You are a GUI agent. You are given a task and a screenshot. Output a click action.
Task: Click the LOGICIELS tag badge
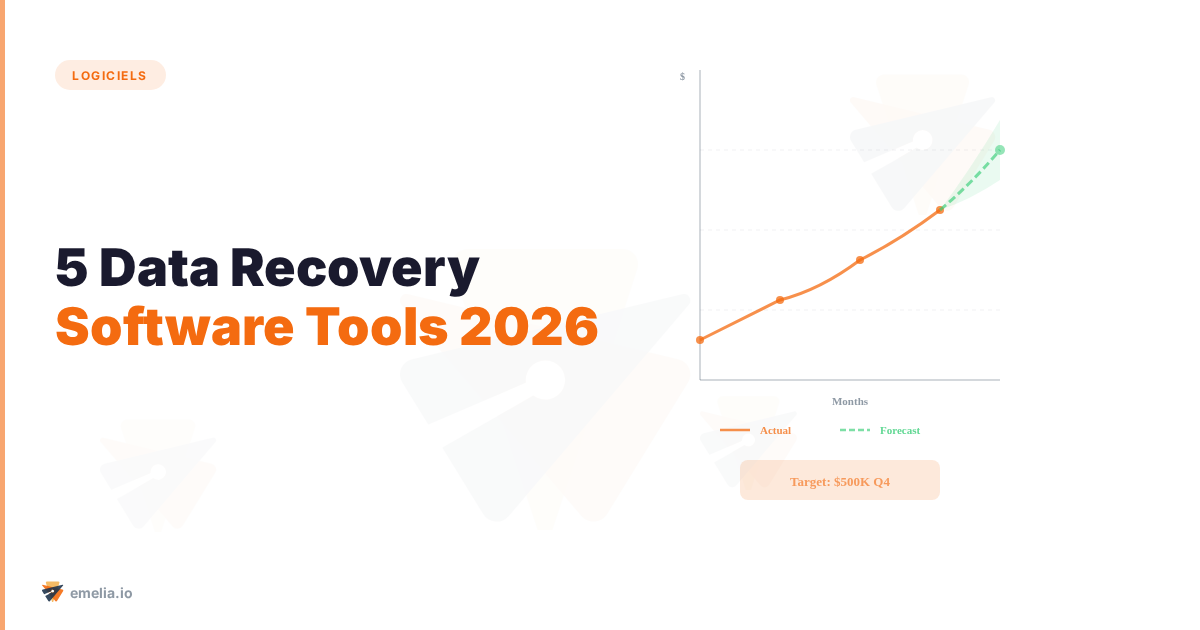coord(110,75)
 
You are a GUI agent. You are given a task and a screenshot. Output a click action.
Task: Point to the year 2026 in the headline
coord(529,327)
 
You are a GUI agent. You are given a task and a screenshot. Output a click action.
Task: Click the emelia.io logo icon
coord(52,592)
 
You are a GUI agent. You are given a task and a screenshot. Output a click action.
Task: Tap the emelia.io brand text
coord(101,593)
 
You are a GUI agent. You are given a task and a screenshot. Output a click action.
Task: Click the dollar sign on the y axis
coord(682,76)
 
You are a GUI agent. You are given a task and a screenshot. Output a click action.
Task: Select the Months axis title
coord(850,401)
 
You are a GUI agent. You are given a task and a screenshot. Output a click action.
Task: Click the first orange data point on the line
coord(700,340)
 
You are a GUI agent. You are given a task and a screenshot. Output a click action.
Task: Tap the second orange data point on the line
coord(780,300)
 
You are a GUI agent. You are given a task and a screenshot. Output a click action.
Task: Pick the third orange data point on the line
coord(860,260)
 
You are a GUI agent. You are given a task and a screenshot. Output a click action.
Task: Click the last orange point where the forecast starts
coord(940,210)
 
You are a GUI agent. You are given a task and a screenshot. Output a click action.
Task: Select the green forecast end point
coord(1000,150)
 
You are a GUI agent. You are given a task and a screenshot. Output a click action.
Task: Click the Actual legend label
coord(775,430)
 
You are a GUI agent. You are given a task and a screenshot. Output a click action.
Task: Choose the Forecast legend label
coord(900,430)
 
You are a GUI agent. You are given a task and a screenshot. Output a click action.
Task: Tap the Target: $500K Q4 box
coord(840,480)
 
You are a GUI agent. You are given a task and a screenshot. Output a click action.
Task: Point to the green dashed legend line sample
coord(855,430)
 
